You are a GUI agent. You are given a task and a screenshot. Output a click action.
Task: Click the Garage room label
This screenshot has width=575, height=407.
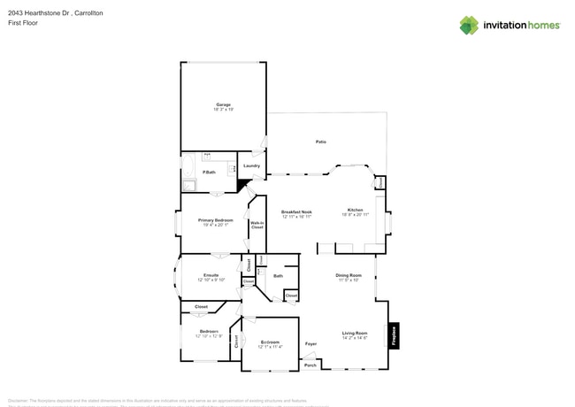[x=223, y=105]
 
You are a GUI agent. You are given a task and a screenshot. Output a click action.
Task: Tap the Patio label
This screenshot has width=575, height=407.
[x=321, y=142]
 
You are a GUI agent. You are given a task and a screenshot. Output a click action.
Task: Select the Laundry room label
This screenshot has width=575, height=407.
[x=251, y=165]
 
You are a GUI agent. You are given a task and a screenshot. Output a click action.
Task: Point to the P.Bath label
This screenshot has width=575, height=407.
[x=210, y=172]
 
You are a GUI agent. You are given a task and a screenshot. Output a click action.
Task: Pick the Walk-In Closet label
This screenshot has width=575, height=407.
[x=257, y=225]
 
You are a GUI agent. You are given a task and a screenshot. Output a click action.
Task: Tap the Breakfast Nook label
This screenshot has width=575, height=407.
[x=296, y=212]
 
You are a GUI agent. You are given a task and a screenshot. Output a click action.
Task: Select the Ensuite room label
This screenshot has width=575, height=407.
[x=211, y=275]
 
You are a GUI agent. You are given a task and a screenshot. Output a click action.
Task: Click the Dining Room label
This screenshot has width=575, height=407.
[x=349, y=276]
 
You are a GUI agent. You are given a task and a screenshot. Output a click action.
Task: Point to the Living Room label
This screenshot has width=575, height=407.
[x=355, y=334]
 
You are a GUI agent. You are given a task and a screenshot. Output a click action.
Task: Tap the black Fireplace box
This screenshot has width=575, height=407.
[x=395, y=335]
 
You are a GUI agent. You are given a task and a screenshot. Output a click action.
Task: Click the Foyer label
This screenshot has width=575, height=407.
[x=310, y=343]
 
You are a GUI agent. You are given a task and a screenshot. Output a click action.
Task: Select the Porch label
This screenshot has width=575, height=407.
[x=310, y=365]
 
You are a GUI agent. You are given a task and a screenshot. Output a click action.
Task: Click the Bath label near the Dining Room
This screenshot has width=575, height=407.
[x=278, y=276]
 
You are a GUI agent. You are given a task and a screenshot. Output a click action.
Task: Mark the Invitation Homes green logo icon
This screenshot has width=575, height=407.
[x=469, y=25]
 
